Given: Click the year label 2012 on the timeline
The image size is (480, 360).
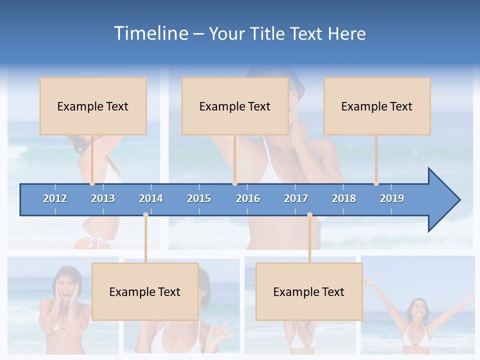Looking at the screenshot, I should point(55,198).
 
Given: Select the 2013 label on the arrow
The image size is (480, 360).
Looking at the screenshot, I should point(103,198).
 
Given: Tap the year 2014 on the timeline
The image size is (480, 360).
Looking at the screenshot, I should point(151,198).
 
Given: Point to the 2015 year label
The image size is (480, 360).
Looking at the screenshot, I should point(199,198).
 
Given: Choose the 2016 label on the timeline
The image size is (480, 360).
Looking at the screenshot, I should point(248,198).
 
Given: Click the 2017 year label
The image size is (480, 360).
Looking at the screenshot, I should point(296,198).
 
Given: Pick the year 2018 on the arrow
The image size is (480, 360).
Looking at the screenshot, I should point(344,198).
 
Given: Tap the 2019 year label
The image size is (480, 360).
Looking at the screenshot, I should point(392,198).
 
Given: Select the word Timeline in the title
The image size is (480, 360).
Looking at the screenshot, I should point(150,33).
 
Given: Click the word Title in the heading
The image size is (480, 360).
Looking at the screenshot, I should point(267,33).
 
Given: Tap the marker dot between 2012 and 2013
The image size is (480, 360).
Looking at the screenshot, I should point(92,183).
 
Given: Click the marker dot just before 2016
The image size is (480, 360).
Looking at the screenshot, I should point(234,183).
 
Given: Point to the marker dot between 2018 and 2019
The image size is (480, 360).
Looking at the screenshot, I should point(376,183).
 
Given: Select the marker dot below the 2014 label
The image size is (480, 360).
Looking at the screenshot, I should point(145,215).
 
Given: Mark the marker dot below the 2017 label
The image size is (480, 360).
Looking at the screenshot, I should point(309,215).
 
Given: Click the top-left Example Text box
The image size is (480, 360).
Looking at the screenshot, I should point(93,106).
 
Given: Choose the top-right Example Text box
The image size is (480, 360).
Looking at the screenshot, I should point(377,106).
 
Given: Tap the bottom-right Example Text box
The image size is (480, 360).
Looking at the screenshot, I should point(309,291).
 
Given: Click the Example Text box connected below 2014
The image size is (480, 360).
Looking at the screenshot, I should point(145,291).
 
